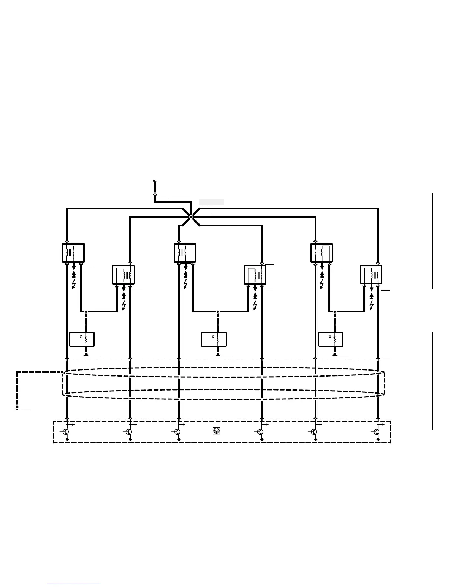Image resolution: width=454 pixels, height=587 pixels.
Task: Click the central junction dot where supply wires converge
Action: (x=191, y=217)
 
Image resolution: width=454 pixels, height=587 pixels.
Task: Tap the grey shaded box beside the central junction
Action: (x=211, y=202)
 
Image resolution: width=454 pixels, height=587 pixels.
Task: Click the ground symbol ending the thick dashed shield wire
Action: (x=17, y=408)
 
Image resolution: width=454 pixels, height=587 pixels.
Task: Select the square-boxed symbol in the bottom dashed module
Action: (x=216, y=431)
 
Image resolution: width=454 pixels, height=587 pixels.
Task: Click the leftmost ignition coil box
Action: (x=73, y=253)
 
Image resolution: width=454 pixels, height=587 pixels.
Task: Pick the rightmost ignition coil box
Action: (x=371, y=275)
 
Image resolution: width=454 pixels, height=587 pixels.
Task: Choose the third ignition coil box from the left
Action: (x=185, y=253)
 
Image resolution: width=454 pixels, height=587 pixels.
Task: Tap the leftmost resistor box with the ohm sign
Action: (x=82, y=339)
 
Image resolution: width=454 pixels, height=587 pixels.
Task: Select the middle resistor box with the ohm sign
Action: (x=214, y=339)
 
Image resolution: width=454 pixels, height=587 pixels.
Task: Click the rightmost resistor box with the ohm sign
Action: (x=330, y=339)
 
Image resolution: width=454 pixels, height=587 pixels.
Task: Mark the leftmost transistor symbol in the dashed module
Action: (x=66, y=432)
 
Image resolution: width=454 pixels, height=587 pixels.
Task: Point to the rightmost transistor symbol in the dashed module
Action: (x=376, y=432)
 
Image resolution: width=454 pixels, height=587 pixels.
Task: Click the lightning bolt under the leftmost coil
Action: (x=74, y=284)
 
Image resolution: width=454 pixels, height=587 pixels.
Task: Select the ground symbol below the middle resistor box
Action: (x=218, y=355)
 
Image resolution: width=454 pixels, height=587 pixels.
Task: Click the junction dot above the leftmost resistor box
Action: (x=86, y=312)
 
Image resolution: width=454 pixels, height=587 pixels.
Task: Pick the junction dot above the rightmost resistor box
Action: (x=335, y=312)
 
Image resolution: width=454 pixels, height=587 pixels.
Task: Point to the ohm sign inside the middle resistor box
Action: (x=213, y=337)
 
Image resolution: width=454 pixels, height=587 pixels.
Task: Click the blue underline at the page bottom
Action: (x=73, y=584)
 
